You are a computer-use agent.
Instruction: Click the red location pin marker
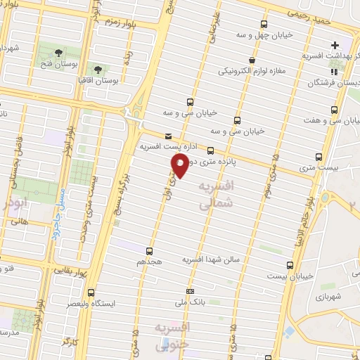coord(180,166)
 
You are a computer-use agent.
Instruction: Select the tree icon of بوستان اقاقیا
coord(97,70)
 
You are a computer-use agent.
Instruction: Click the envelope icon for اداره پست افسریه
coord(167,136)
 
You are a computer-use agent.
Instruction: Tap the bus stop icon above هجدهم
coord(149,251)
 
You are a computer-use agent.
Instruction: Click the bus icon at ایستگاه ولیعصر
coord(90,292)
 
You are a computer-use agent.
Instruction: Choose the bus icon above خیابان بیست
coord(290,265)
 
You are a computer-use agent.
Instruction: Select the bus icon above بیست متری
coord(319,157)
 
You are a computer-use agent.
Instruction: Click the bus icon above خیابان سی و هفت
coord(334,110)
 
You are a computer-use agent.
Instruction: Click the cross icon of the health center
coord(335,45)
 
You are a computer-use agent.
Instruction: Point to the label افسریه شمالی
coord(215,195)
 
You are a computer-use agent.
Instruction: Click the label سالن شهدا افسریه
coord(212,259)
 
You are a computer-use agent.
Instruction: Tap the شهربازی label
coord(328,298)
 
